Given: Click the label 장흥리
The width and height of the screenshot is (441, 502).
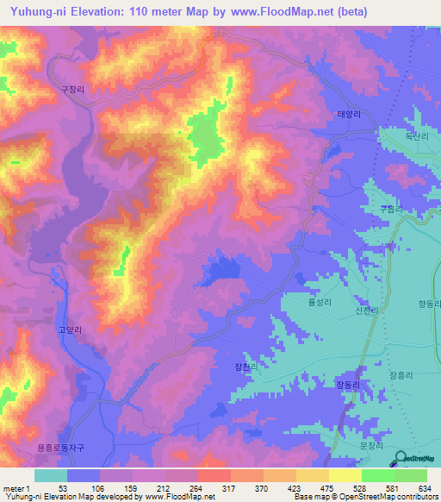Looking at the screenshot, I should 403,375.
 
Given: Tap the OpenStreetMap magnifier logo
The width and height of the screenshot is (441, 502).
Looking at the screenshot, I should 401,458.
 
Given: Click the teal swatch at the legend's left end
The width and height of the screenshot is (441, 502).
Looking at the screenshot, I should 51,475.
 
